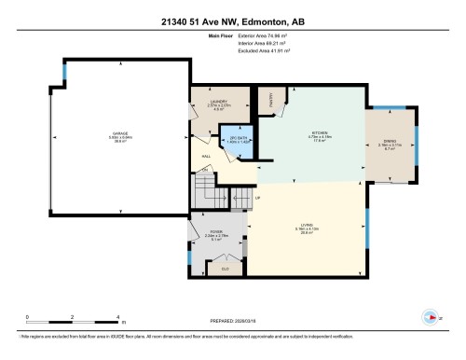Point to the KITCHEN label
pyautogui.click(x=318, y=132)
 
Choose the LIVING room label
pyautogui.click(x=305, y=225)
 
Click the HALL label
pyautogui.click(x=206, y=157)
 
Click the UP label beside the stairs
pyautogui.click(x=258, y=200)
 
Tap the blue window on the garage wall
pyautogui.click(x=64, y=73)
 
